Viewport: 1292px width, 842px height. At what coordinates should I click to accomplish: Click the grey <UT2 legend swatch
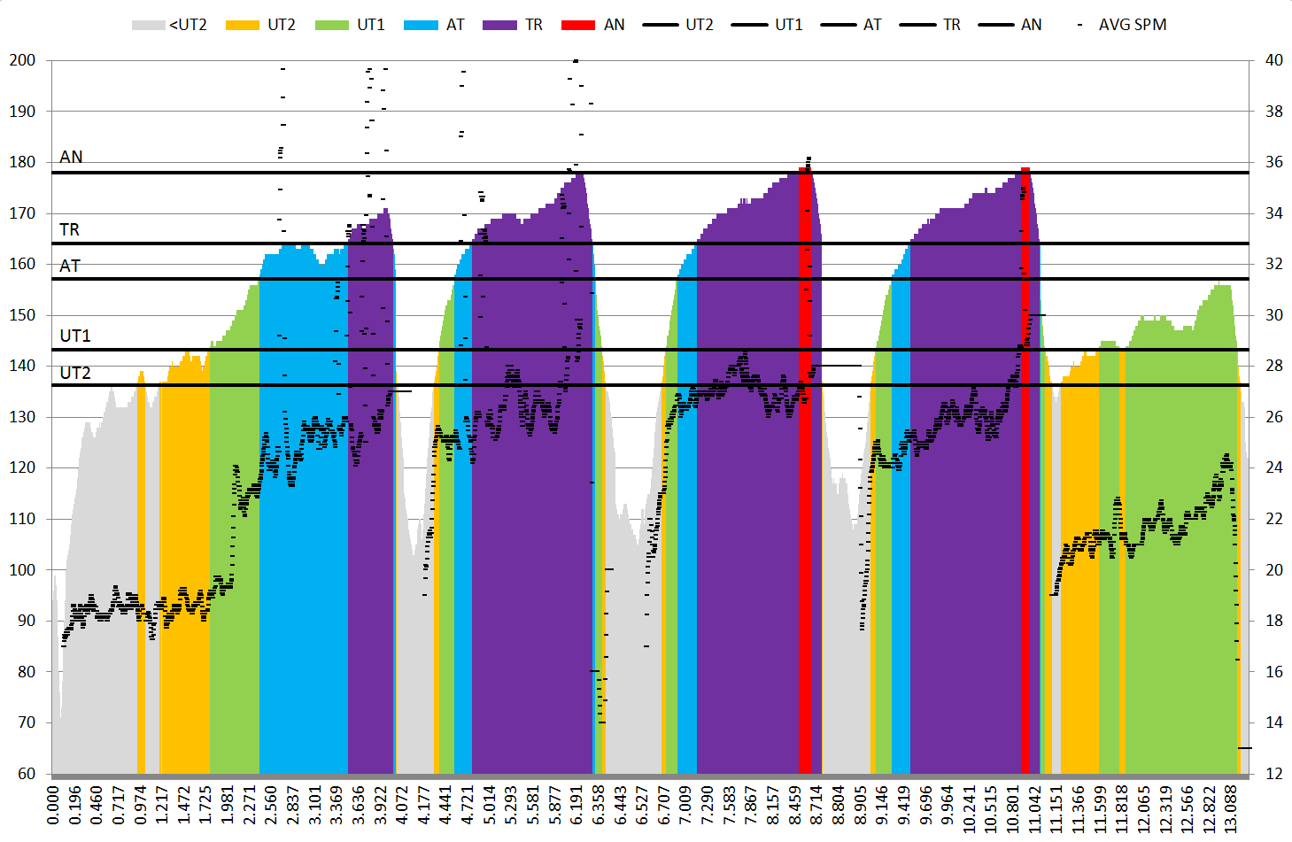[148, 25]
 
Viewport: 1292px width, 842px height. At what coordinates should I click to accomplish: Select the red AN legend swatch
[578, 25]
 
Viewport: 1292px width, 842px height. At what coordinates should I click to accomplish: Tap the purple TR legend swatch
[499, 25]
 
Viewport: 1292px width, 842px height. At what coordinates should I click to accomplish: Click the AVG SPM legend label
[1133, 25]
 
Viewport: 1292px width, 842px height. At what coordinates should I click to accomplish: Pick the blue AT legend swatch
[421, 25]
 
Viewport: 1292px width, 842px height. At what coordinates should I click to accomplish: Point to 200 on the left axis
[22, 60]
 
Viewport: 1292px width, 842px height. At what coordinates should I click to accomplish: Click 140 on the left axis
[22, 366]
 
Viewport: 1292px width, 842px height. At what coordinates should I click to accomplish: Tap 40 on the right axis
[1273, 60]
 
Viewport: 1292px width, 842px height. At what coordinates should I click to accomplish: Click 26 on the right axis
[1273, 417]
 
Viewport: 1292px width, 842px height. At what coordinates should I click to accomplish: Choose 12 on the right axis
[1273, 774]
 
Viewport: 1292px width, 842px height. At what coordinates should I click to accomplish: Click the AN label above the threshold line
[71, 157]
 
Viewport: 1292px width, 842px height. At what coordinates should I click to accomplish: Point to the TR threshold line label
[69, 230]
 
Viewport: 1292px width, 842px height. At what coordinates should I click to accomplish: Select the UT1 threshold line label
[75, 336]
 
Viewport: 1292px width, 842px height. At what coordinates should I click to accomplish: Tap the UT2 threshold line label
[75, 373]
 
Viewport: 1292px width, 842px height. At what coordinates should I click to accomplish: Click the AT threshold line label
[70, 266]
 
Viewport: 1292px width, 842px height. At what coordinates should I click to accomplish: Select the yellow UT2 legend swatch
[243, 25]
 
